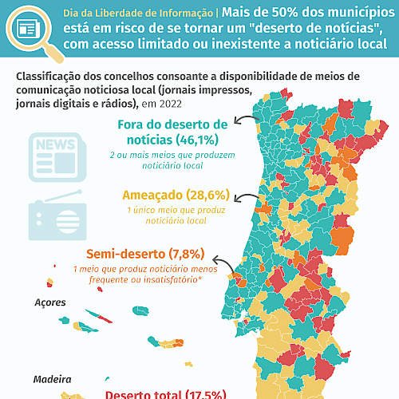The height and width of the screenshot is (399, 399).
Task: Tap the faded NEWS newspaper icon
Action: (x=57, y=157)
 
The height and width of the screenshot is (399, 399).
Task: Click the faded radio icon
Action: (x=57, y=215)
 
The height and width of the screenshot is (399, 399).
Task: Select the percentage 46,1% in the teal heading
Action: (x=196, y=140)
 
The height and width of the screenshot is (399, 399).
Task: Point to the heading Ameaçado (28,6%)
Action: (x=176, y=196)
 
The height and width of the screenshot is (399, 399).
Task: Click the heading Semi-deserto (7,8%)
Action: (x=145, y=254)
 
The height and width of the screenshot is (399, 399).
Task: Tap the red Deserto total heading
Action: (x=166, y=394)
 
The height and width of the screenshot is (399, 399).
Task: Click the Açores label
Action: (x=50, y=302)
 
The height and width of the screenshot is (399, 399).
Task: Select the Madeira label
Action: (x=52, y=379)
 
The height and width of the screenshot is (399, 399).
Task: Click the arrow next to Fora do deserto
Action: (x=245, y=118)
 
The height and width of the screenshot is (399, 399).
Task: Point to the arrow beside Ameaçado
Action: (x=245, y=196)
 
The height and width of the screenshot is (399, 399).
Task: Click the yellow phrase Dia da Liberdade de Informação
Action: (x=138, y=13)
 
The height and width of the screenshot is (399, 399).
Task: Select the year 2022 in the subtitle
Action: (x=171, y=104)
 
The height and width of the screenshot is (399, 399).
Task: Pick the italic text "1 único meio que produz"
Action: (x=176, y=210)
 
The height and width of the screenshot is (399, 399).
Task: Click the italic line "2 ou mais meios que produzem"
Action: (x=172, y=155)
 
